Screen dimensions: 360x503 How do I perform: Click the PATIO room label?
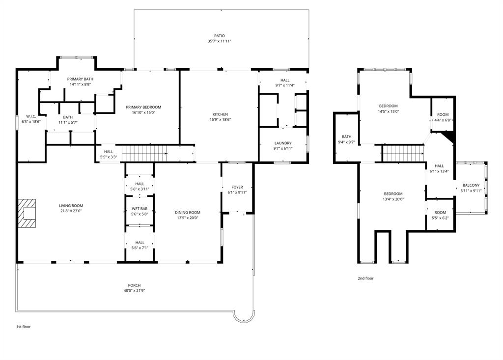219,36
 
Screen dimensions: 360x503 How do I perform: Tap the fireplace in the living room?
28,213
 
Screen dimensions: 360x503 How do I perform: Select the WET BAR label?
140,209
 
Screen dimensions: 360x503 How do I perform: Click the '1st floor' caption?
23,326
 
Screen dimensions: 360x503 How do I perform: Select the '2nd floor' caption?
365,278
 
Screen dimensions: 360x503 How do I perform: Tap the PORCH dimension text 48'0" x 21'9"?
135,291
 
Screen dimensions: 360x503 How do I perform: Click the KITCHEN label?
220,114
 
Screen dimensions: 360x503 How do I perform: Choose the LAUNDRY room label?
283,143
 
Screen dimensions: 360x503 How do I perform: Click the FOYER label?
237,187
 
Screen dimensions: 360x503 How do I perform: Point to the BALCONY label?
471,185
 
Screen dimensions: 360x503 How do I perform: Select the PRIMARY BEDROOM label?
143,107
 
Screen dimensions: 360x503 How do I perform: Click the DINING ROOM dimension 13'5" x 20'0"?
188,218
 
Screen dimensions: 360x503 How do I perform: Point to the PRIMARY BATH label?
81,79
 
